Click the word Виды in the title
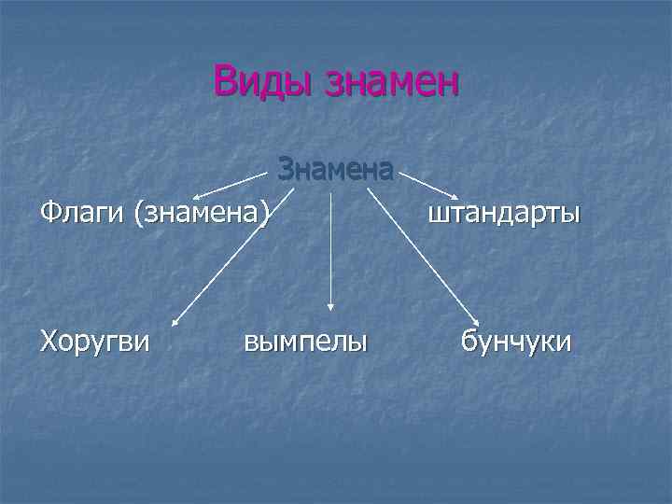pyautogui.click(x=262, y=81)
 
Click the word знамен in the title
pyautogui.click(x=391, y=82)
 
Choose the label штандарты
pyautogui.click(x=504, y=214)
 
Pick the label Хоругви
pyautogui.click(x=94, y=341)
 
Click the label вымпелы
pyautogui.click(x=305, y=341)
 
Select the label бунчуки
pyautogui.click(x=517, y=341)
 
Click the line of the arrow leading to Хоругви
pyautogui.click(x=234, y=257)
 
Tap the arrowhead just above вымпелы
pyautogui.click(x=331, y=304)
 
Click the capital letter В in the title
pyautogui.click(x=225, y=81)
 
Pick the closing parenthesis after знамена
pyautogui.click(x=265, y=214)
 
